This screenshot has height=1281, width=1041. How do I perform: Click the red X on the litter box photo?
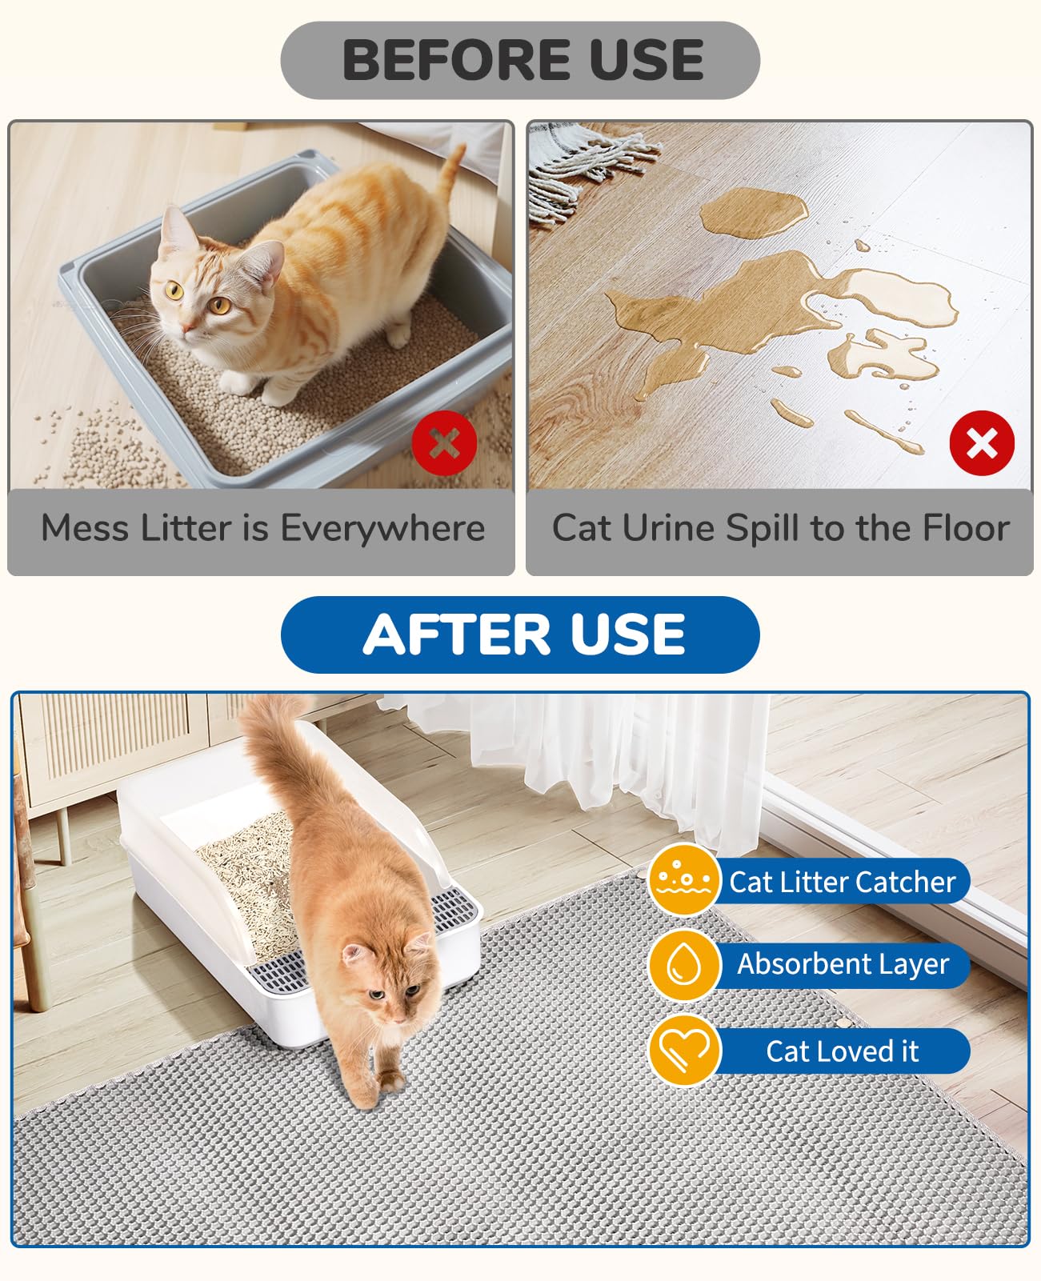pos(444,442)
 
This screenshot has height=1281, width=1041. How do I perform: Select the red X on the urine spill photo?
pos(982,442)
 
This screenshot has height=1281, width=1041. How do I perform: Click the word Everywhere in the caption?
pos(382,529)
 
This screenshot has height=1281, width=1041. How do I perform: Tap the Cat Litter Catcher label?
pos(842,882)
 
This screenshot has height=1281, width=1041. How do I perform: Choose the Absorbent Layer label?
pos(843,964)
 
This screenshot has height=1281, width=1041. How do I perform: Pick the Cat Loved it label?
pos(842,1051)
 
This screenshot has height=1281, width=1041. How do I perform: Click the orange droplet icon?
pos(683,964)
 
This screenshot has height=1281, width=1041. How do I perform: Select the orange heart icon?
pos(683,1051)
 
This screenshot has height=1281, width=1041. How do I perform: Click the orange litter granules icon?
pos(683,879)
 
